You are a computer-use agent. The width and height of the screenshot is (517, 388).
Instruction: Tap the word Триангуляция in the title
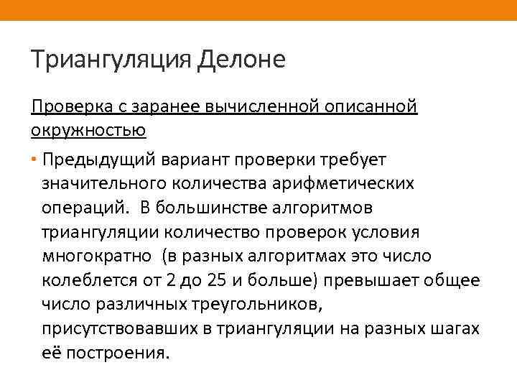pos(111,59)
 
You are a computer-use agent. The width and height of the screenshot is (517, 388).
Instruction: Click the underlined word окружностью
pos(88,130)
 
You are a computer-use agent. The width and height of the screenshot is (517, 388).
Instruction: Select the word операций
pos(85,208)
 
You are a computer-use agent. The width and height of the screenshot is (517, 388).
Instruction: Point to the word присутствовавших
pos(121,330)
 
